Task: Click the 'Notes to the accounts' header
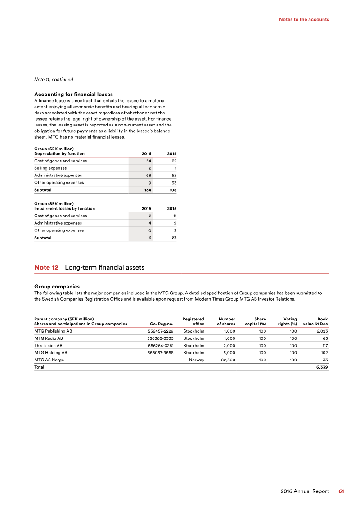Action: (304, 19)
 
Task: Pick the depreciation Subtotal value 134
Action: (147, 190)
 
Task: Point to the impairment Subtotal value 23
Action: (173, 238)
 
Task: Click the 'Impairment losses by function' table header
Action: (64, 208)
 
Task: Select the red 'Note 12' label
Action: (46, 267)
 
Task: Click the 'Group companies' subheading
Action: (57, 286)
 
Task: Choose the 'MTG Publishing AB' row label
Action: (53, 331)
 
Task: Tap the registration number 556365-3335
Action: (160, 338)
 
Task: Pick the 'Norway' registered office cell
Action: (196, 360)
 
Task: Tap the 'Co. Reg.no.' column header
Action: (162, 324)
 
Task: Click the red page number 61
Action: (342, 491)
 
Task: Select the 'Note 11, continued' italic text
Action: (54, 80)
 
